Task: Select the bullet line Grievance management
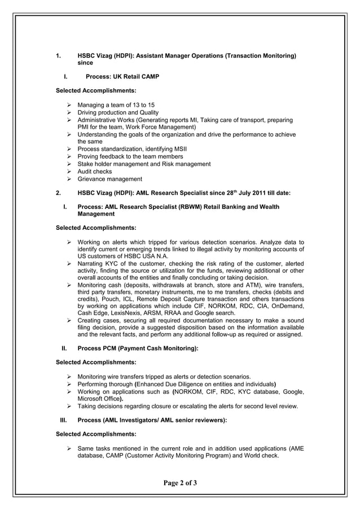(109, 179)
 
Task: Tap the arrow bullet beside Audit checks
(69, 171)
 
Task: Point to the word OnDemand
(288, 306)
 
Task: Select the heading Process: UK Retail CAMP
(118, 76)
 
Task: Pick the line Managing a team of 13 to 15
(116, 105)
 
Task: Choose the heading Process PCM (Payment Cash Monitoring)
(138, 349)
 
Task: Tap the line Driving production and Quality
(118, 112)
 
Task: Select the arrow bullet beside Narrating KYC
(69, 264)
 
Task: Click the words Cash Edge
(93, 313)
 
